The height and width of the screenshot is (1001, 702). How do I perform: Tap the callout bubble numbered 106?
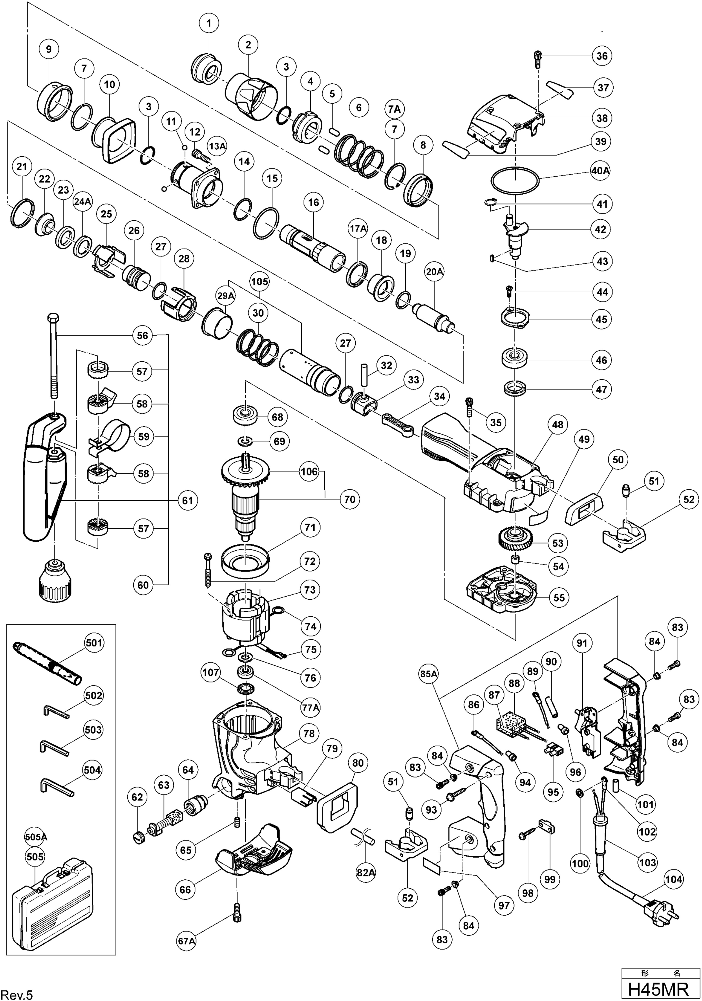click(x=309, y=472)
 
